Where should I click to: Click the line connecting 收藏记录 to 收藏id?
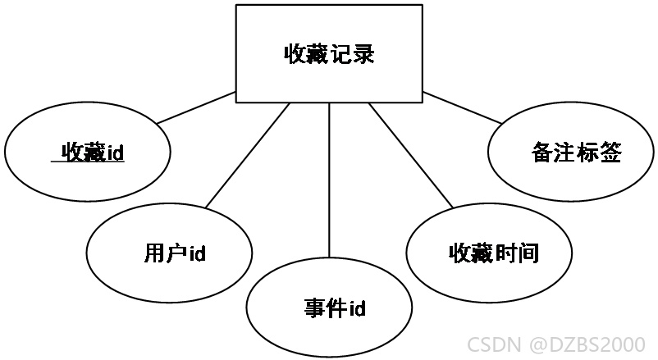[x=196, y=107]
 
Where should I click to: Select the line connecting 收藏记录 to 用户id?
[x=248, y=155]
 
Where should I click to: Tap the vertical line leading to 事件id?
[x=330, y=180]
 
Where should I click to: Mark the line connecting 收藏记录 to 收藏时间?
[x=411, y=155]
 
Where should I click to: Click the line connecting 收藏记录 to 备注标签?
[x=462, y=107]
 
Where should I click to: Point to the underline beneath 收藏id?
[x=88, y=161]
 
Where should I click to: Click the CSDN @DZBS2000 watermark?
[x=556, y=344]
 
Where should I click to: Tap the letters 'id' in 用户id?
[x=197, y=253]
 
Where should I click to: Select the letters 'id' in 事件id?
[x=358, y=308]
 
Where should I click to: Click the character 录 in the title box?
[x=363, y=53]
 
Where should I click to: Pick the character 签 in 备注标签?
[x=611, y=152]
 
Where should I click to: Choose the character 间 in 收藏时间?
[x=528, y=253]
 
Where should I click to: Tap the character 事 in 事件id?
[x=315, y=308]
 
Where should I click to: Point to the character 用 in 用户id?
[x=155, y=253]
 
